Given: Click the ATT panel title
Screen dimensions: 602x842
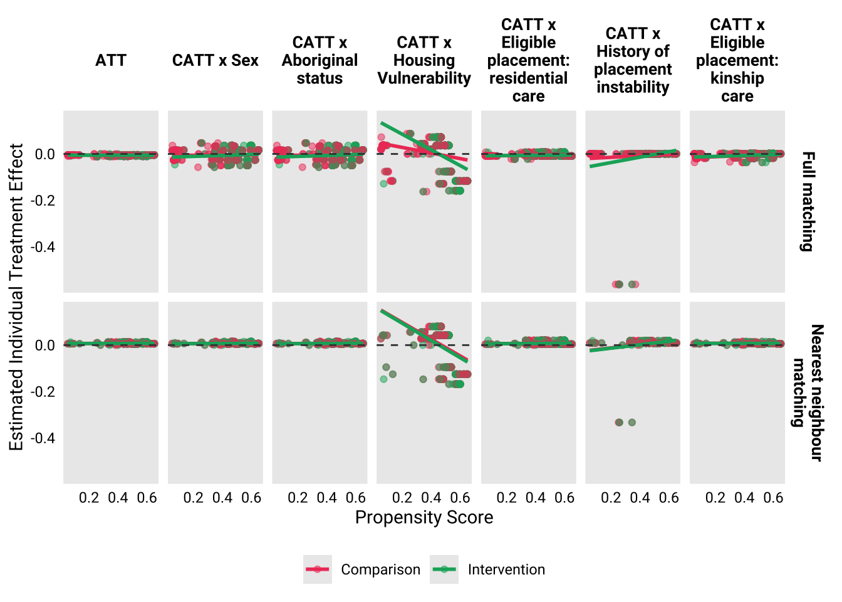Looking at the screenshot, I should coord(111,60).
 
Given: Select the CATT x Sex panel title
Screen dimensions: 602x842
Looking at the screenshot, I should coord(215,60).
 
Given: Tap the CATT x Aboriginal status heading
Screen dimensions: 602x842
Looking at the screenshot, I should coord(320,60).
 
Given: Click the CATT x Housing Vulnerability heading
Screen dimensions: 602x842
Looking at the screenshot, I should coord(424,60).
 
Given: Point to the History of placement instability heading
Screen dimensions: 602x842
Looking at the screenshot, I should coord(633,60).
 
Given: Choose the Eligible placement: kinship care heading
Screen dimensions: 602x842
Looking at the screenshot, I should coord(737,60).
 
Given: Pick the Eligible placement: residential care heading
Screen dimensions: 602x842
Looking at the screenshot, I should coord(528,60).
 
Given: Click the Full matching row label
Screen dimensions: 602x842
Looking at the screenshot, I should coord(808,201).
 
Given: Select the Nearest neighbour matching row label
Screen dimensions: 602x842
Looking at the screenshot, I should coord(808,393).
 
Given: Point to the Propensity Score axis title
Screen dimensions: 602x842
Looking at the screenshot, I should coord(424,517).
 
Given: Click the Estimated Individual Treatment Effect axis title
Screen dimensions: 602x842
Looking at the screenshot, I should coord(16,297).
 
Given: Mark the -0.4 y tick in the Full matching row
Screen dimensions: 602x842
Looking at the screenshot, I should coord(43,247).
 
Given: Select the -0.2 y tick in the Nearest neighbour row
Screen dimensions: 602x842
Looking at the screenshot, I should coord(43,392).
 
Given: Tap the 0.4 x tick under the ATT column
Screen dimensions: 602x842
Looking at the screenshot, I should coord(118,498).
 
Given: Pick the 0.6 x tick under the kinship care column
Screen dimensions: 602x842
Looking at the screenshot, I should coord(773,498).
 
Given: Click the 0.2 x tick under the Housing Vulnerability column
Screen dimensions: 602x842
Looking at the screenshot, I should coord(402,498).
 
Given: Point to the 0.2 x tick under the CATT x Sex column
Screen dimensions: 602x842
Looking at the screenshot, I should coord(194,498).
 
